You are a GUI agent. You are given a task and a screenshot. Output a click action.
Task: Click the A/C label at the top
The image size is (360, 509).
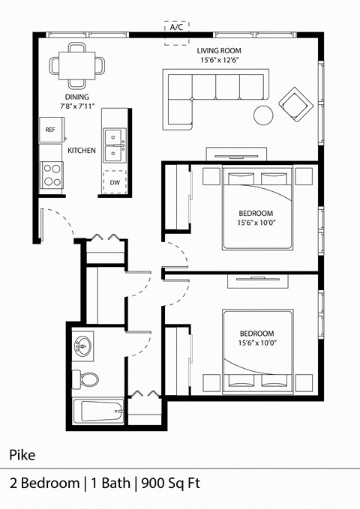177,28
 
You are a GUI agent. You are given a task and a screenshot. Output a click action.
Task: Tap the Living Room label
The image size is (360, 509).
218,51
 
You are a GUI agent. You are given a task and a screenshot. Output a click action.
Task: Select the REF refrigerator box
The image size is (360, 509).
50,130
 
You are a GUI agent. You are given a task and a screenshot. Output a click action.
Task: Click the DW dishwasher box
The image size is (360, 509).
115,182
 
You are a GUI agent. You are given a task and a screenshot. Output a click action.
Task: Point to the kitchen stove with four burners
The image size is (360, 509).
52,175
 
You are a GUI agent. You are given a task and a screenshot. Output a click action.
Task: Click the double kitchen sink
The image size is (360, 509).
115,145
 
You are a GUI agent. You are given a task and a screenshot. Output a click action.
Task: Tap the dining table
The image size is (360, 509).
77,64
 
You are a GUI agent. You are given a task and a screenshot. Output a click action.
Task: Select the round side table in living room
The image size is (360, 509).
263,115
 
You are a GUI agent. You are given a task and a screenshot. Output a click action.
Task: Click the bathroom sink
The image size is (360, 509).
83,347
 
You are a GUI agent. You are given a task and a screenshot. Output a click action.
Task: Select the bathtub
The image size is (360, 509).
98,412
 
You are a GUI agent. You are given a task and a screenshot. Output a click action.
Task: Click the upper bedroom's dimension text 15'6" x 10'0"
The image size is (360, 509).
256,222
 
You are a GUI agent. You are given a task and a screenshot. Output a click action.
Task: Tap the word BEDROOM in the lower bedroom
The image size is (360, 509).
256,334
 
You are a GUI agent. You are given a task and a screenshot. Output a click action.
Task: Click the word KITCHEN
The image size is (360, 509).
81,151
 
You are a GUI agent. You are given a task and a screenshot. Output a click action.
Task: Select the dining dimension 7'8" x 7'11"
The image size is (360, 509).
76,106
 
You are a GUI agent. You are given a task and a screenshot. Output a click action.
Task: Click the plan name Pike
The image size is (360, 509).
22,454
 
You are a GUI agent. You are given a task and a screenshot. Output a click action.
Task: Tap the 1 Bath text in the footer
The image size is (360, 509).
108,483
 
